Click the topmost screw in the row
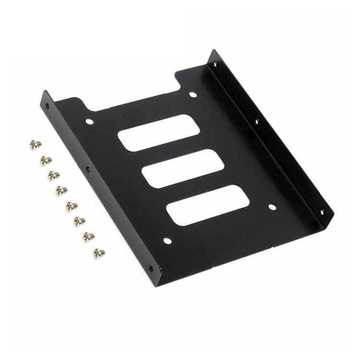pyautogui.click(x=35, y=144)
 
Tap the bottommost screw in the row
pyautogui.click(x=99, y=253)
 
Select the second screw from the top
pyautogui.click(x=46, y=160)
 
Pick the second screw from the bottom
pyautogui.click(x=88, y=237)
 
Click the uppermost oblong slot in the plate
pyautogui.click(x=158, y=132)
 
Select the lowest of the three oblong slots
pyautogui.click(x=208, y=205)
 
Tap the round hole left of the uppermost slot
pyautogui.click(x=89, y=121)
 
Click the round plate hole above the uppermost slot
pyautogui.click(x=192, y=95)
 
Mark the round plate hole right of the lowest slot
pyautogui.click(x=272, y=207)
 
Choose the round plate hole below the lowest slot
pyautogui.click(x=167, y=240)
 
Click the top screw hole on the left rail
pyautogui.click(x=47, y=107)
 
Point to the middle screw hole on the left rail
pyautogui.click(x=87, y=169)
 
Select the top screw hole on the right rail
pyautogui.click(x=215, y=63)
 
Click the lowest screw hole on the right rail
pyautogui.click(x=322, y=211)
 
